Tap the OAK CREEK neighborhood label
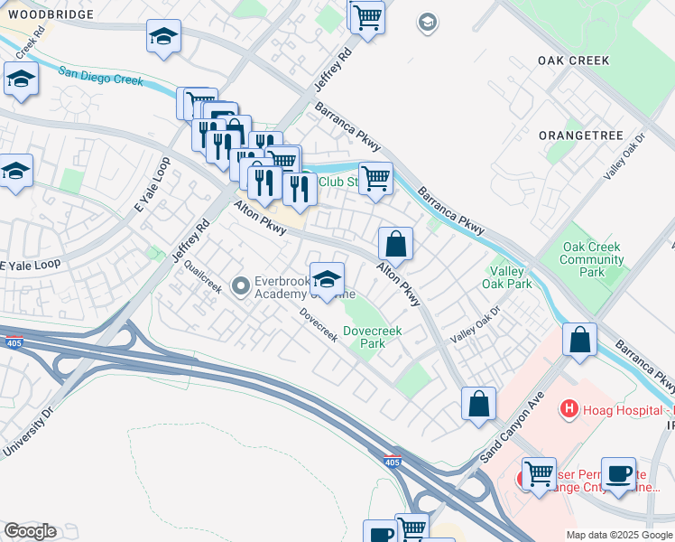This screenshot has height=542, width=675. point(573,61)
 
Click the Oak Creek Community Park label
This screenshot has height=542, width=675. point(593,259)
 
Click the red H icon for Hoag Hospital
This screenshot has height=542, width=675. point(569,409)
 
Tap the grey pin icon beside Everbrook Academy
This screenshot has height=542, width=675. point(240,286)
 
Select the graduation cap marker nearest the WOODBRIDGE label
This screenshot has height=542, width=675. point(164,37)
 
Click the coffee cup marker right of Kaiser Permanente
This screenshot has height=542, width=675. point(619,474)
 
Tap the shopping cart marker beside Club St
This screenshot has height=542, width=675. point(374,178)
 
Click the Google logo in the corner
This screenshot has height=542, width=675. point(30,531)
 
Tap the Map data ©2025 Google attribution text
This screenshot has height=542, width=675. point(618,535)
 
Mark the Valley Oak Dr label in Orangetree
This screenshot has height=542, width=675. point(627,154)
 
